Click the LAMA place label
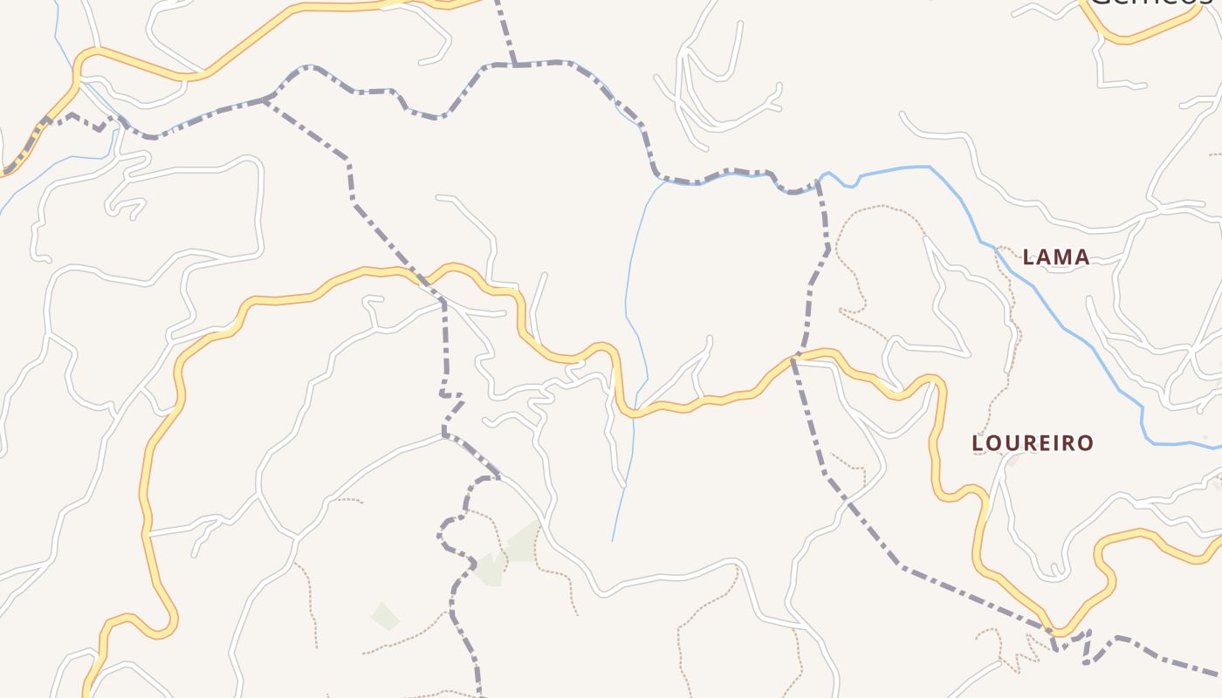click(x=1056, y=257)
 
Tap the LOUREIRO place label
click(x=1033, y=443)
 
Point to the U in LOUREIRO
click(x=1013, y=443)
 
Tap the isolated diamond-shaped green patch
click(x=385, y=616)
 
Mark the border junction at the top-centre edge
click(x=514, y=63)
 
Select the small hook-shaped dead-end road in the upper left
click(x=127, y=207)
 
